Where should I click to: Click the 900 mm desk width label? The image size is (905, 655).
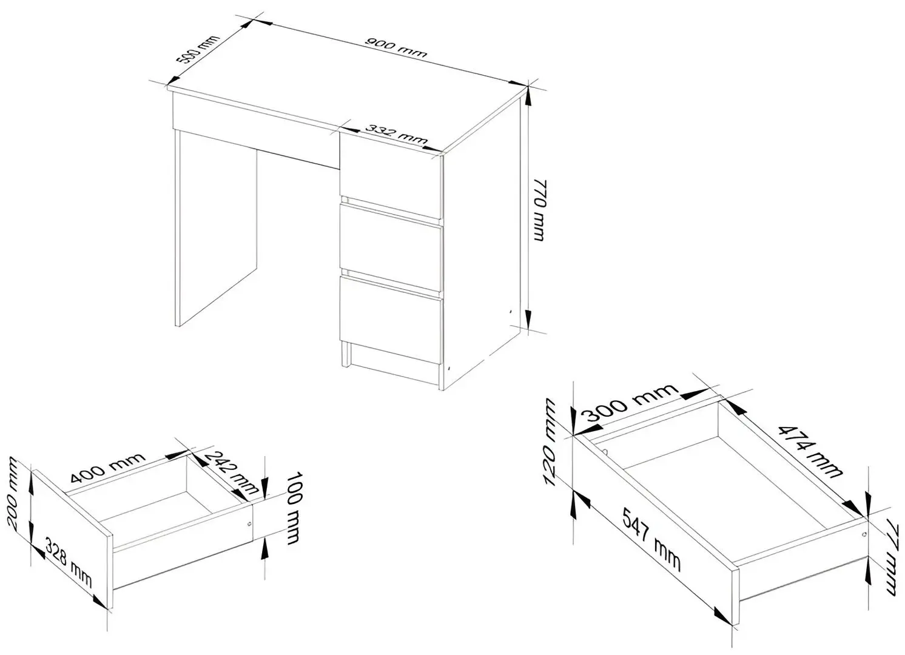point(396,48)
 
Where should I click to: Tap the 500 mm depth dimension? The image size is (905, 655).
point(198,50)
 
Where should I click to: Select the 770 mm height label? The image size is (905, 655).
point(540,210)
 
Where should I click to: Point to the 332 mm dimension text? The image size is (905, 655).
point(396,135)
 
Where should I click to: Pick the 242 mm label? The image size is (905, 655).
point(232,472)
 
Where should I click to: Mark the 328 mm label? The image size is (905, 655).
point(69,562)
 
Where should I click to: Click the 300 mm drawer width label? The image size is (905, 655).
point(631,402)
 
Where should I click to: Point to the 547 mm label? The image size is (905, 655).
point(652,540)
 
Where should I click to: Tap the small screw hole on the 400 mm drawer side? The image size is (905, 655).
point(249,523)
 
